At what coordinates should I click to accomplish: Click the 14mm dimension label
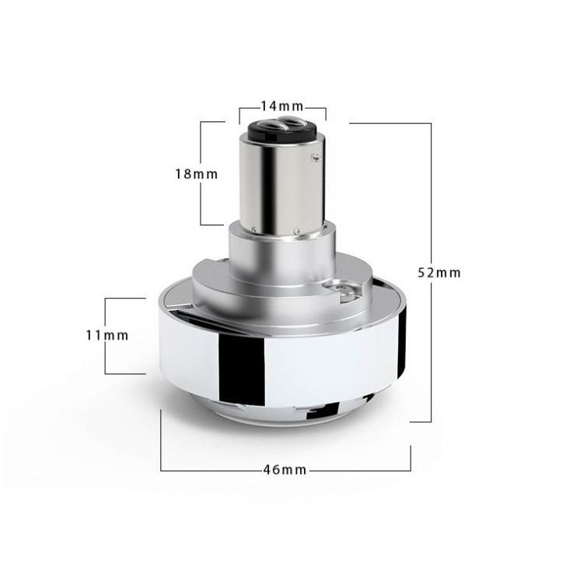click(282, 106)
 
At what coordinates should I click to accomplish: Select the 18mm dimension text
click(197, 174)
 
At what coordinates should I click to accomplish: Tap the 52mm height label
click(439, 273)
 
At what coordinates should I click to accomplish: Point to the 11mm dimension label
click(107, 335)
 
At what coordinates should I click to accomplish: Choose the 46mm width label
click(285, 470)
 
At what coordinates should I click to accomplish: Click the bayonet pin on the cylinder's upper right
click(314, 158)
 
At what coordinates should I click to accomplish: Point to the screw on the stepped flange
click(344, 291)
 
